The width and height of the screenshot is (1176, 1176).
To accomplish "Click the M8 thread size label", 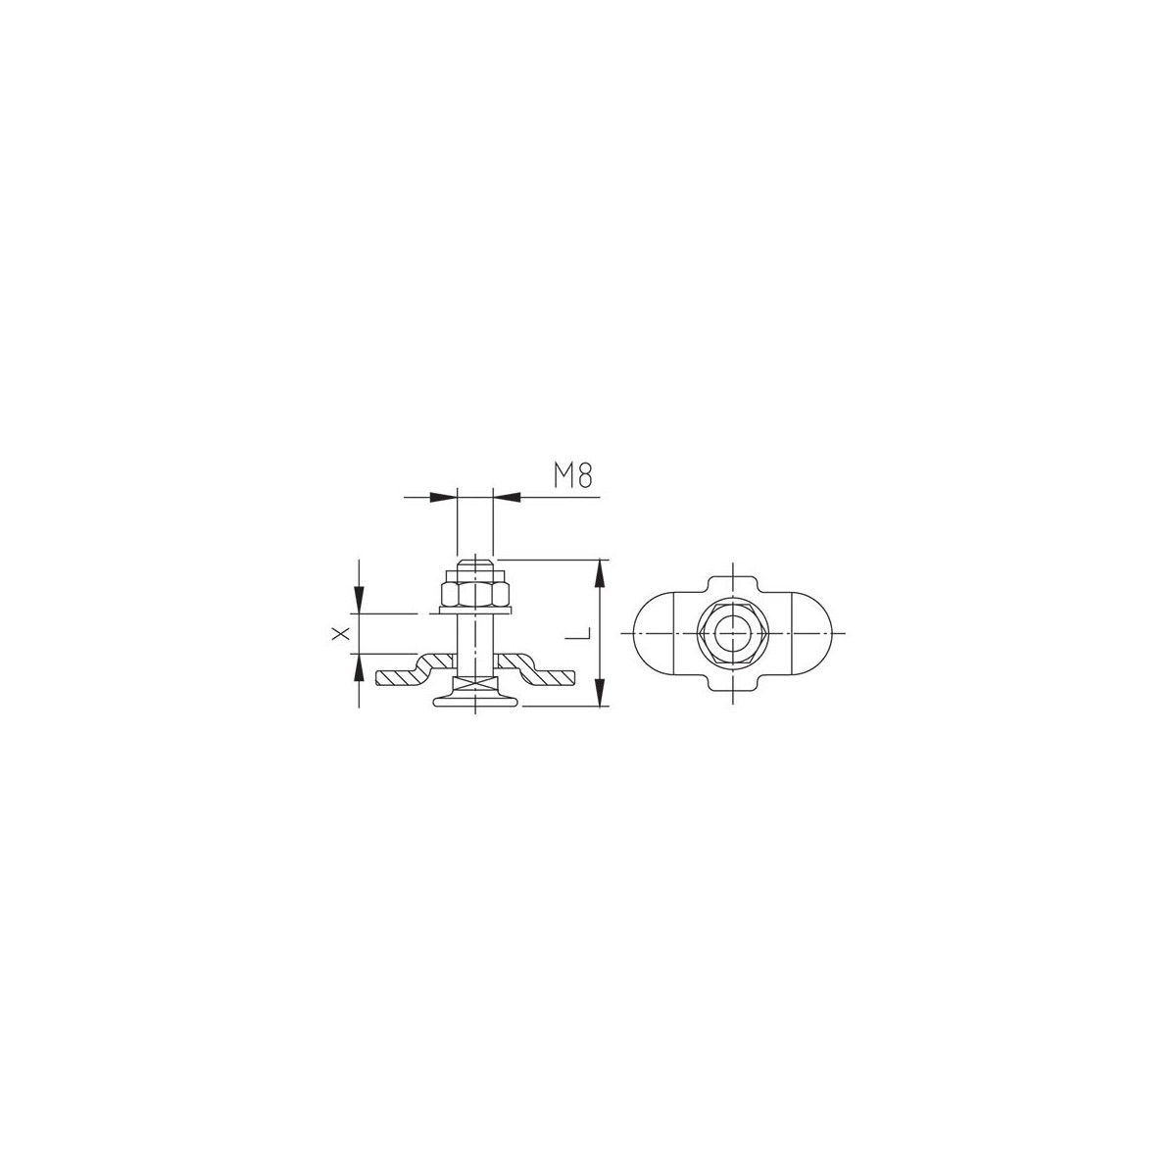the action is click(x=572, y=475).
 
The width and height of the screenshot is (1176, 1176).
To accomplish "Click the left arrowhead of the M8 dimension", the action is click(x=443, y=498).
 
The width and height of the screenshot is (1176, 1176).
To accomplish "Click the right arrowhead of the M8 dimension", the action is click(x=507, y=498).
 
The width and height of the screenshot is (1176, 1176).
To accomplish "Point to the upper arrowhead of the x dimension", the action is click(x=359, y=600).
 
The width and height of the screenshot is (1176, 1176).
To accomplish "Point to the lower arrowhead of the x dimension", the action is click(x=359, y=667).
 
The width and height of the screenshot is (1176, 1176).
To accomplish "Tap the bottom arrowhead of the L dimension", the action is click(x=602, y=693).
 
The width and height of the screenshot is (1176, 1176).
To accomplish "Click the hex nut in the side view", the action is click(x=474, y=593).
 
